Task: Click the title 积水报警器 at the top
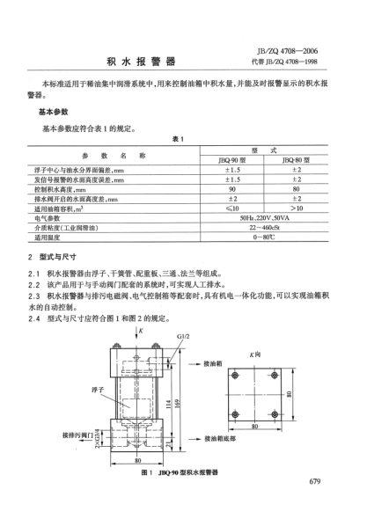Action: [142, 62]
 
